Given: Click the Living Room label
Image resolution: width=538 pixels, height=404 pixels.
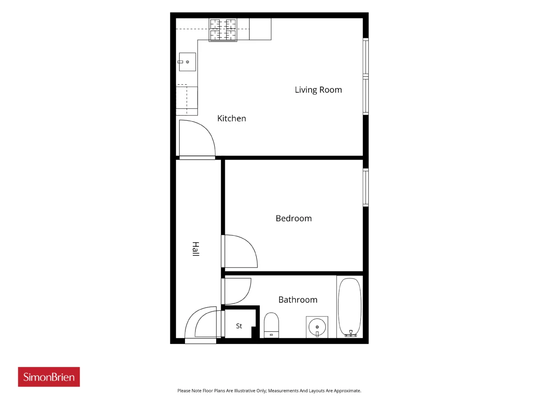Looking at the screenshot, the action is pos(318,90).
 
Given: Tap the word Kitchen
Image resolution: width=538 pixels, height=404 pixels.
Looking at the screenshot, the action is pos(231,118).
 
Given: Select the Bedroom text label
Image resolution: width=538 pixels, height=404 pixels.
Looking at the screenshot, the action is pos(294,218).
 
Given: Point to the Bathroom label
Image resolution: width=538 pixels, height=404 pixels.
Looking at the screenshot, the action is pos(298,300).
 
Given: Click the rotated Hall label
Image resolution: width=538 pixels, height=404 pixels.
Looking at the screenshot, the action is pos(195,249).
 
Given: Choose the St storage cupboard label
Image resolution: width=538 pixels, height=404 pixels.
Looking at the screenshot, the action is pos(239,326).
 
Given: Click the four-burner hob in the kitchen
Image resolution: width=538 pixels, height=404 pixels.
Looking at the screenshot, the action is pos(223,30).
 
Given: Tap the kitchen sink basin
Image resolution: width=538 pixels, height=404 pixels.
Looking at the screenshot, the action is pos(187,62).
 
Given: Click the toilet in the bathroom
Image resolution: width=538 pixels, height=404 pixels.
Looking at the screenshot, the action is pos(272,325).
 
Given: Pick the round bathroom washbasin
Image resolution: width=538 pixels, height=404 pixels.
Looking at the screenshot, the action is pos(317,327).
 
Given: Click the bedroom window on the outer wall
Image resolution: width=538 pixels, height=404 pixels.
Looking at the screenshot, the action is pos(365,188).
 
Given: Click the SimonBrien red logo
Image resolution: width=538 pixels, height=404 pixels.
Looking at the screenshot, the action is pos(49,377).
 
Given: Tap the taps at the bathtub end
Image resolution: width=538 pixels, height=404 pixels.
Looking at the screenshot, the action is pos(351,333).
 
